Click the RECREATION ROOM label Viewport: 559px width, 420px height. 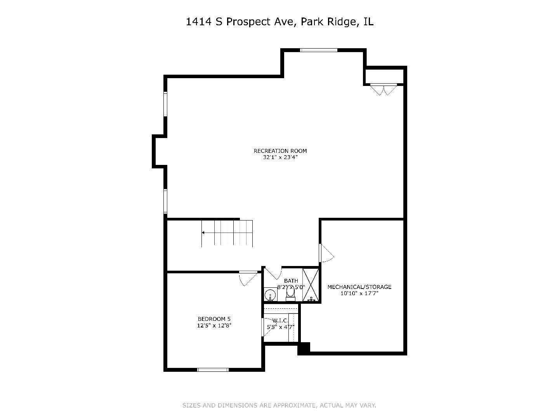click(280, 151)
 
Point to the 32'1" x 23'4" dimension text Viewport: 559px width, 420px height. click(280, 157)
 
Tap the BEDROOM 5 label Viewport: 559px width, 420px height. click(214, 319)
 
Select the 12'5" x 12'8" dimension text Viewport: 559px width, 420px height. click(214, 326)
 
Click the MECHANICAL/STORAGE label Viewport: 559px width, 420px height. click(359, 287)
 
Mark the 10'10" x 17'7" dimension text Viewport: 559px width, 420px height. click(359, 294)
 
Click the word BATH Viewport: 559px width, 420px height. click(291, 281)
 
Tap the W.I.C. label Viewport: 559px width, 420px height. click(280, 320)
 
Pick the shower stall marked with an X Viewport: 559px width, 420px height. click(311, 285)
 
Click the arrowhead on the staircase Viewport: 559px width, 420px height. click(203, 233)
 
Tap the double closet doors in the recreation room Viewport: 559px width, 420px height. click(384, 89)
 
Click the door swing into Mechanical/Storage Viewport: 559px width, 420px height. click(326, 253)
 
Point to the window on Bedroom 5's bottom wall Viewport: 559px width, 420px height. click(213, 369)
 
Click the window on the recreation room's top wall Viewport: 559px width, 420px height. click(319, 50)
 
